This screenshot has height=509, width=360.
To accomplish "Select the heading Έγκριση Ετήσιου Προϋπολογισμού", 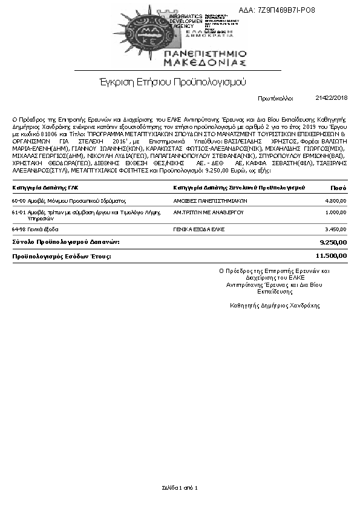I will pyautogui.click(x=173, y=82).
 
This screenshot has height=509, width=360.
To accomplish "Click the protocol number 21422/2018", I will pyautogui.click(x=332, y=97).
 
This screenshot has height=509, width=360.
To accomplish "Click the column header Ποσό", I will pyautogui.click(x=338, y=187).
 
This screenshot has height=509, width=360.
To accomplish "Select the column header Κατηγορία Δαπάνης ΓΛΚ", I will pyautogui.click(x=45, y=187).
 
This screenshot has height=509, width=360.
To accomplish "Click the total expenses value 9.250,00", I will pyautogui.click(x=333, y=242).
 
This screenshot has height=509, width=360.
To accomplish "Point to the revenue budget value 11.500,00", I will pyautogui.click(x=332, y=256).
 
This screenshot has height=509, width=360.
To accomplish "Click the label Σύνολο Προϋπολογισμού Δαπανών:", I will pyautogui.click(x=66, y=242).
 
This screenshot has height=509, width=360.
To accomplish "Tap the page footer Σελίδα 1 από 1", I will pyautogui.click(x=180, y=487).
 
